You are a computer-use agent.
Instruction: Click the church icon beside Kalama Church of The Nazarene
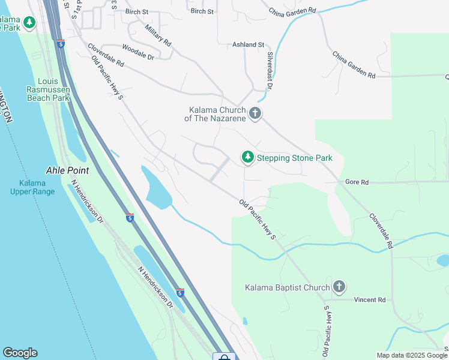tap(255, 113)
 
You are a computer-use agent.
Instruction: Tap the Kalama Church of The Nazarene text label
tap(217, 114)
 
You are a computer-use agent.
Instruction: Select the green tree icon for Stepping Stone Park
tap(247, 157)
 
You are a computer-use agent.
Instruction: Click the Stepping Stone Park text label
tap(294, 158)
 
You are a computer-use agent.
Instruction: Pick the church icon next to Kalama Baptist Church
tap(339, 287)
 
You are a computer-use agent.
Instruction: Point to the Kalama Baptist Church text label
tap(288, 288)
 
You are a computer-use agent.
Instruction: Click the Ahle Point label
tap(67, 170)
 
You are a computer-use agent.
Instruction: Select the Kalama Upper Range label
tap(32, 187)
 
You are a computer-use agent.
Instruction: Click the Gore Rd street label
tap(357, 182)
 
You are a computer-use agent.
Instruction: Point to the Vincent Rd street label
tap(369, 299)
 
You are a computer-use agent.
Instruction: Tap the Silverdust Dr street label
tap(270, 70)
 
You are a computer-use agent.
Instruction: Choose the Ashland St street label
tap(249, 45)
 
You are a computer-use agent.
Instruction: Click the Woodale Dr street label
tap(138, 52)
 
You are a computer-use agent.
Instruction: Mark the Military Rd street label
tap(158, 36)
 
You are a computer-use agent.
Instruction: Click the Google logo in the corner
tap(20, 353)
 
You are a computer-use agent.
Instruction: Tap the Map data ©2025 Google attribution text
tap(412, 355)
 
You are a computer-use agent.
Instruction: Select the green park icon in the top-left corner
tap(29, 23)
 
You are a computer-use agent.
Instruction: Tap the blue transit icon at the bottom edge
tap(224, 357)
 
